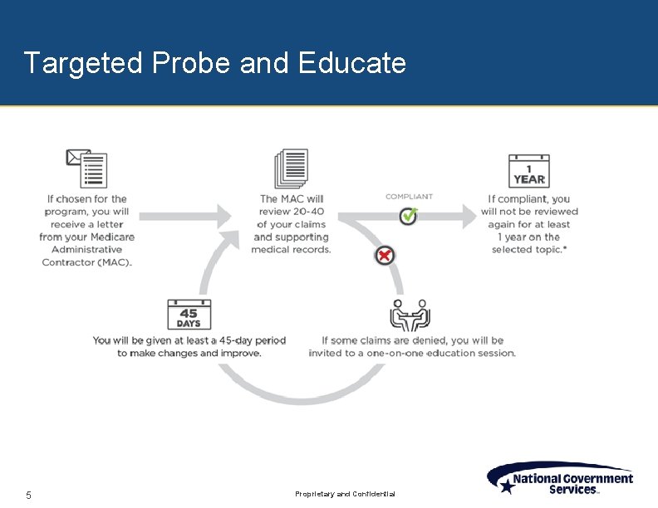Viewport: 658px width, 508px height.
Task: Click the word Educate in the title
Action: coord(351,63)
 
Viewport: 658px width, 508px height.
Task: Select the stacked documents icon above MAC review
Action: coord(292,169)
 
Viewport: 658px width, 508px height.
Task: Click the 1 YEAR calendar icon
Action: coord(528,171)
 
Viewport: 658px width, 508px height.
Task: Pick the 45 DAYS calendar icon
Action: coord(189,315)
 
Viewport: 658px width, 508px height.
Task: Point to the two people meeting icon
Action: coord(410,315)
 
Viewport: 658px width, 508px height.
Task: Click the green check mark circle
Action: coord(408,217)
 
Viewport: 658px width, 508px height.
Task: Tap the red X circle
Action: coord(384,256)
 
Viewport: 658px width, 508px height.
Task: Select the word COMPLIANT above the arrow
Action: coord(409,197)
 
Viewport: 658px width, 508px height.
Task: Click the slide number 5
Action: coord(28,496)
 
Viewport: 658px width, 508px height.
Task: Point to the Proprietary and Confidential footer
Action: coord(346,495)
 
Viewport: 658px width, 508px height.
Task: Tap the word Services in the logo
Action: coord(572,490)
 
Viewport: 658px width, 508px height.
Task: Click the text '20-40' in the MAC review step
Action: coord(307,212)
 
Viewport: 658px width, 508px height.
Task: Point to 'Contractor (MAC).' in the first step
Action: coord(87,262)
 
